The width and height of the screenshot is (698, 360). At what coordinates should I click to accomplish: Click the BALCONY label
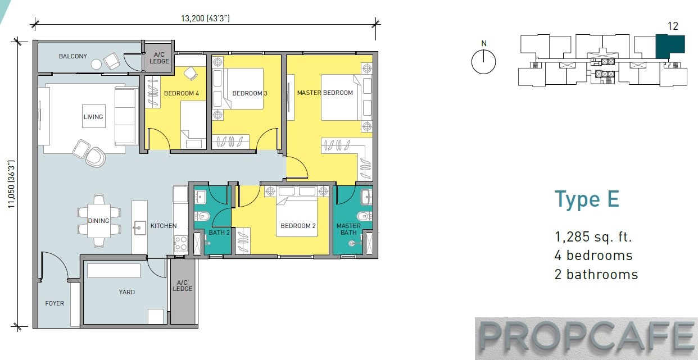coord(73,56)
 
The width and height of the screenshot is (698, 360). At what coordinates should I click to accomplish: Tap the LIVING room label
coord(93,117)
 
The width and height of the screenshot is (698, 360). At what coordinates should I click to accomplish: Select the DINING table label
coord(98,221)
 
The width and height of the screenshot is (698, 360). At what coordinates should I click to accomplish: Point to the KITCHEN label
coord(164,226)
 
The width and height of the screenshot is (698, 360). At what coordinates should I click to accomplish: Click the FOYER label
coord(55,303)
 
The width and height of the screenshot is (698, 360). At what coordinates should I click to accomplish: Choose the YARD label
coord(127,292)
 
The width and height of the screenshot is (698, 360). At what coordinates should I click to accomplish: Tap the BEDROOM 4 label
coord(182,93)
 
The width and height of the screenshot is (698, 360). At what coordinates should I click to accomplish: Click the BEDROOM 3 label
coord(250,93)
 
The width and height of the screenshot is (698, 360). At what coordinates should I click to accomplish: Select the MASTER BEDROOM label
coord(325,93)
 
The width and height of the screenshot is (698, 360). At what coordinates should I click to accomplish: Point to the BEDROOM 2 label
coord(298,226)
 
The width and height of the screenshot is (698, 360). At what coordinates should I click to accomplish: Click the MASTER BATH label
coord(348,229)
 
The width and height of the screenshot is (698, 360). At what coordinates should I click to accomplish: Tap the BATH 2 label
coord(219,233)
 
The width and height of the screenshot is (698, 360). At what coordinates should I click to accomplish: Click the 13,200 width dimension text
coord(205,19)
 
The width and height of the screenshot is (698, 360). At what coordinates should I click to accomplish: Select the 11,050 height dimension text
coord(11,184)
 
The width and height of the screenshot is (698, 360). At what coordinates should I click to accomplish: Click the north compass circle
coord(483,62)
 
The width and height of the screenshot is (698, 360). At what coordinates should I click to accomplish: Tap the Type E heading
coord(587,199)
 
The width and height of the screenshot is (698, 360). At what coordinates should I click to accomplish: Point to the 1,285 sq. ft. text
coord(593,236)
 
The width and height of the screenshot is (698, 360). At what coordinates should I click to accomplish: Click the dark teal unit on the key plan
coord(670,47)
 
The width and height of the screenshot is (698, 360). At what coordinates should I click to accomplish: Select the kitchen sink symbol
coord(139,228)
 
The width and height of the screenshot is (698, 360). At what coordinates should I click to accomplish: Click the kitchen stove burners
coord(181,243)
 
